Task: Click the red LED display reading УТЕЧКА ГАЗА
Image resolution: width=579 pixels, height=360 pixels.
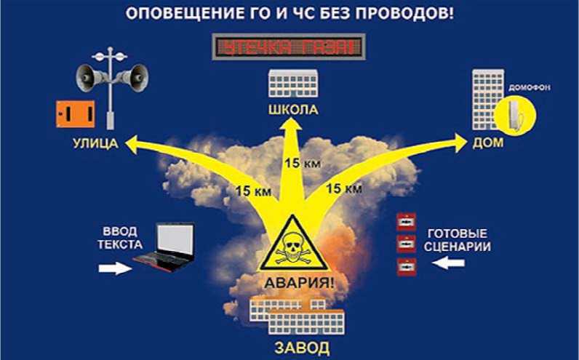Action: point(289,49)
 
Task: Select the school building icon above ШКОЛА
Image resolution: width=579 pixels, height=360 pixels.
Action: point(293,84)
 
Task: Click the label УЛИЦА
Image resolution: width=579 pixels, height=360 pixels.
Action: point(95,142)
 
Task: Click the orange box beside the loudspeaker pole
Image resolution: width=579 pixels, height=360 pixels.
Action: point(75,113)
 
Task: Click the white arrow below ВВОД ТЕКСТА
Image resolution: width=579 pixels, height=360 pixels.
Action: point(115,268)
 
